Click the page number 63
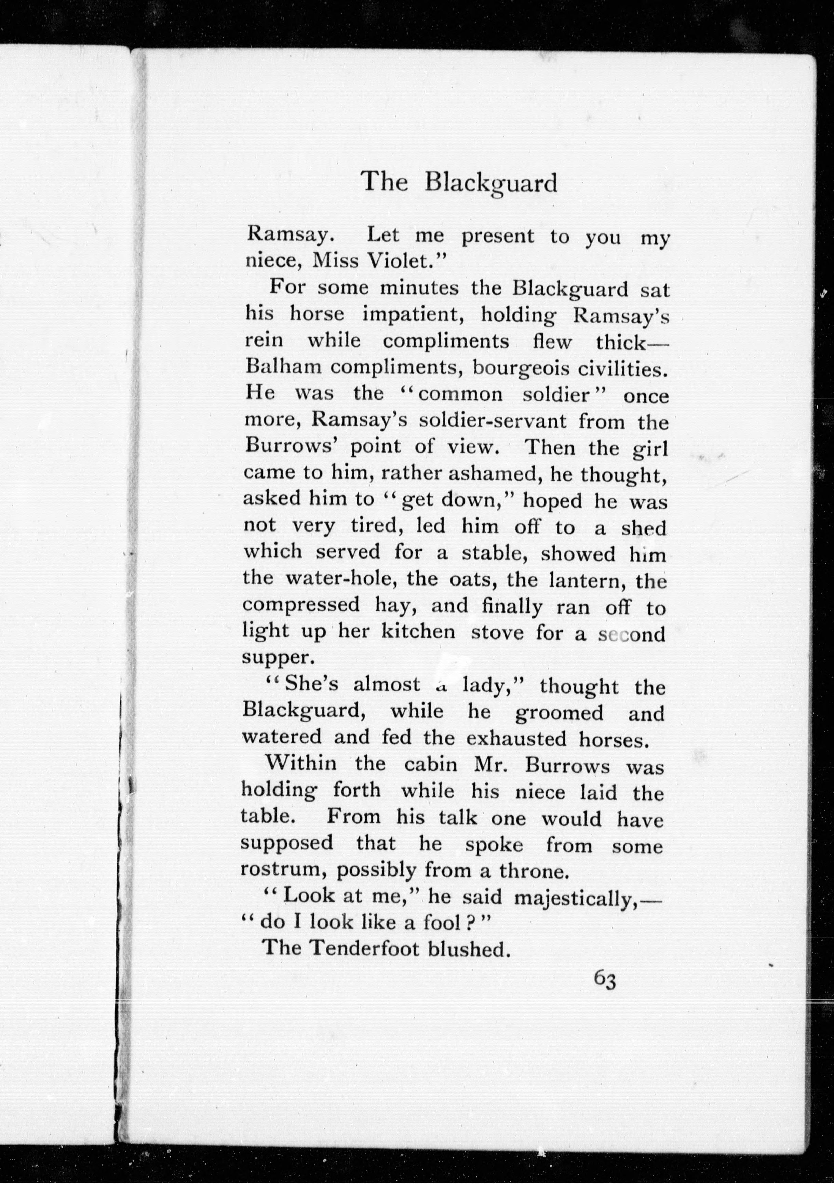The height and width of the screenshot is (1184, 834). (x=605, y=978)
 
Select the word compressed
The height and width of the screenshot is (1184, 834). (x=301, y=605)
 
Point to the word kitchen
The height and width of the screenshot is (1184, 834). (x=418, y=632)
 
